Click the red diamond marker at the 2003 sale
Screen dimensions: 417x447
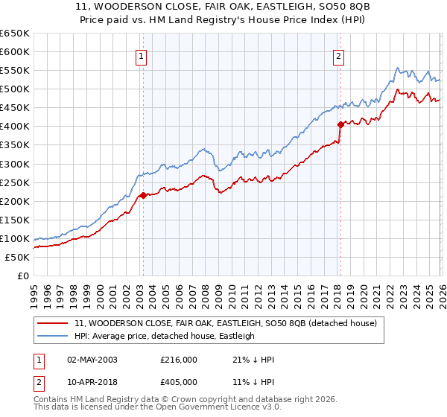pyautogui.click(x=143, y=195)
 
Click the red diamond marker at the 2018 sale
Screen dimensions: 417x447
pyautogui.click(x=340, y=124)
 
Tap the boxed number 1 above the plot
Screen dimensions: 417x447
pyautogui.click(x=142, y=54)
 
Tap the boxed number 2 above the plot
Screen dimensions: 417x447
pyautogui.click(x=339, y=54)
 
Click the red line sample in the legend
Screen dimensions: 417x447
pyautogui.click(x=53, y=324)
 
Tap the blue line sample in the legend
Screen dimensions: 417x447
pyautogui.click(x=53, y=337)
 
